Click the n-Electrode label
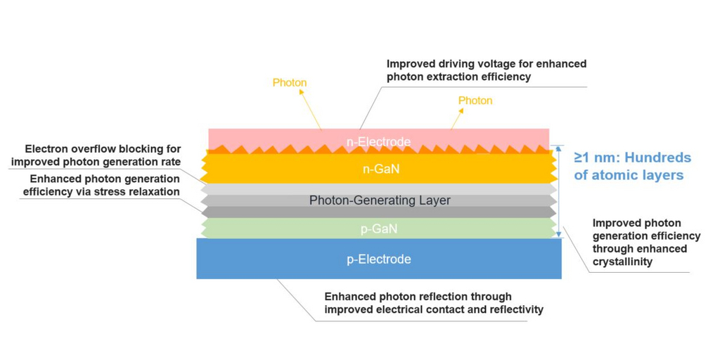click(x=378, y=142)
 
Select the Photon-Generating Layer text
click(x=380, y=200)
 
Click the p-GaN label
click(x=379, y=229)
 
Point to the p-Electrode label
click(x=379, y=259)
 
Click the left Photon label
click(x=290, y=83)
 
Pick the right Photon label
click(x=475, y=101)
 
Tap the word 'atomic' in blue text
click(x=613, y=175)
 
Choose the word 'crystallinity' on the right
click(x=623, y=262)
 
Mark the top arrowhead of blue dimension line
click(x=559, y=148)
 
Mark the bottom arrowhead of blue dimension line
click(x=559, y=235)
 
